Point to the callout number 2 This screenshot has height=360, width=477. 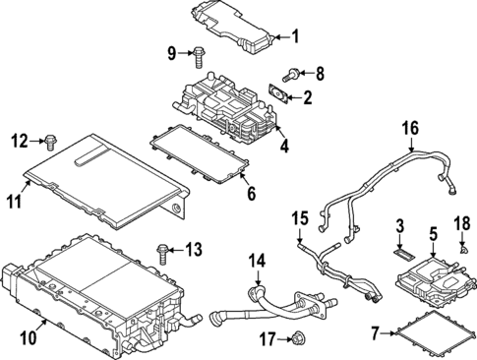coord(307,97)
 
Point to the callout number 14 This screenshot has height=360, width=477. coord(257,262)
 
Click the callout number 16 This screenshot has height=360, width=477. coord(410,127)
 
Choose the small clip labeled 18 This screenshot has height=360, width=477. coord(459,252)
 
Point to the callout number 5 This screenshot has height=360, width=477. coord(432,234)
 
